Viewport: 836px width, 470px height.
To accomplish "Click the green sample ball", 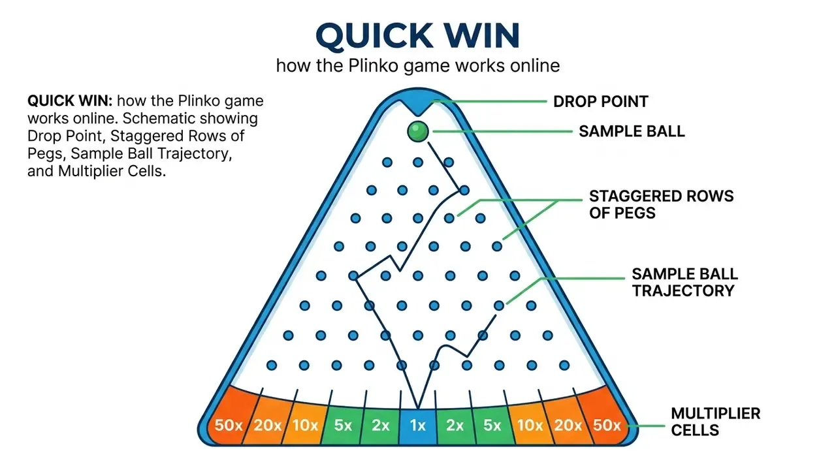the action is click(417, 131).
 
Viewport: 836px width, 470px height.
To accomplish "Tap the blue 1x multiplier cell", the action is click(417, 425).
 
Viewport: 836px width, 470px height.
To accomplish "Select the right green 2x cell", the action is click(455, 424).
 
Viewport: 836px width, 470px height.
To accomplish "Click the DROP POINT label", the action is click(600, 101).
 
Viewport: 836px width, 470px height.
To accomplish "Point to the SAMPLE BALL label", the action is click(632, 131).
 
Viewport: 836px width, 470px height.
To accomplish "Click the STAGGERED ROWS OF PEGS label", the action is click(662, 204).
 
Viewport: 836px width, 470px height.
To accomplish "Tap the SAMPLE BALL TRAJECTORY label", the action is click(685, 283).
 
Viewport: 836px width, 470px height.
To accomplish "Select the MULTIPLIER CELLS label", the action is click(715, 422).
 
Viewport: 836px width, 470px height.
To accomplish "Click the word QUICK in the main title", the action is click(374, 36).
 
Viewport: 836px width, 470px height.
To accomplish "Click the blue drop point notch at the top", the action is click(417, 105).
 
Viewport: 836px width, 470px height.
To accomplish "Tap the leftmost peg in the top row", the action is click(387, 163).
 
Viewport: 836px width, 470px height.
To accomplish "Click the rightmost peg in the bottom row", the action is click(564, 365).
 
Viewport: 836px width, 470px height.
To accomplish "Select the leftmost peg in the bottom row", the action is click(272, 365).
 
